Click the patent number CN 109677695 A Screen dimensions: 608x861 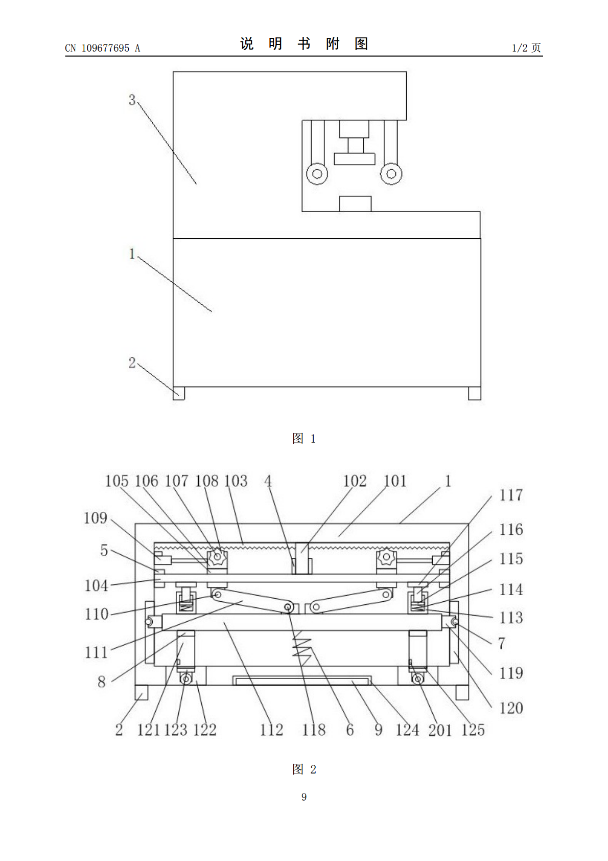click(102, 48)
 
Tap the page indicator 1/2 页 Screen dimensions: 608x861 click(526, 48)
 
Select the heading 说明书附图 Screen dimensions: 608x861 click(304, 43)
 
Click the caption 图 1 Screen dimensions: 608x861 click(304, 438)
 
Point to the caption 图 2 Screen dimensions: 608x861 click(304, 769)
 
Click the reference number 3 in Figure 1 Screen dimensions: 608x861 click(132, 100)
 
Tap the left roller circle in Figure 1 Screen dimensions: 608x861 click(317, 174)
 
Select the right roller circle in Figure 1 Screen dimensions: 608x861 click(391, 174)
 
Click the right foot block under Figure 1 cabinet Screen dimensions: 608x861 click(474, 393)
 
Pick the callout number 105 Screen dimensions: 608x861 click(117, 481)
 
